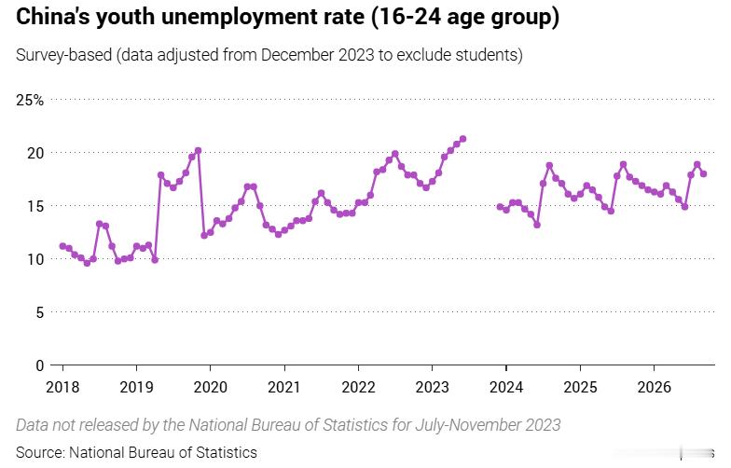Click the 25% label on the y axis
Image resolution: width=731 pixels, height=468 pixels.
30,101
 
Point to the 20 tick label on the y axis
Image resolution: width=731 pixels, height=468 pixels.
35,153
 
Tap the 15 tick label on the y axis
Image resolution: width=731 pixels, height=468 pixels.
35,206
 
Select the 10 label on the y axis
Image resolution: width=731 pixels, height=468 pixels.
35,259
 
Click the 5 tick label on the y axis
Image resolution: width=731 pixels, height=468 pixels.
39,312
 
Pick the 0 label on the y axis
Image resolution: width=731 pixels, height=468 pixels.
39,365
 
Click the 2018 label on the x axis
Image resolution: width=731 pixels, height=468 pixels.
62,387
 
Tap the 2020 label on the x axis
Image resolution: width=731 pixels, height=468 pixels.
211,387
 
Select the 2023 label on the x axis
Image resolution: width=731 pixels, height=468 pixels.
433,387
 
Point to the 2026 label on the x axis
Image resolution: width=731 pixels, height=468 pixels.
655,387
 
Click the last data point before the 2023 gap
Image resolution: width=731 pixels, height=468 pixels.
462,139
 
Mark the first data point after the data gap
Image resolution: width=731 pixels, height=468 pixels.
500,207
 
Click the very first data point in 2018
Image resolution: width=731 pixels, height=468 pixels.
63,246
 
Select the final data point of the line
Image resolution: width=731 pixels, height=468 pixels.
703,173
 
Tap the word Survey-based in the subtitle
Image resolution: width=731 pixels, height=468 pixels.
63,55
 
